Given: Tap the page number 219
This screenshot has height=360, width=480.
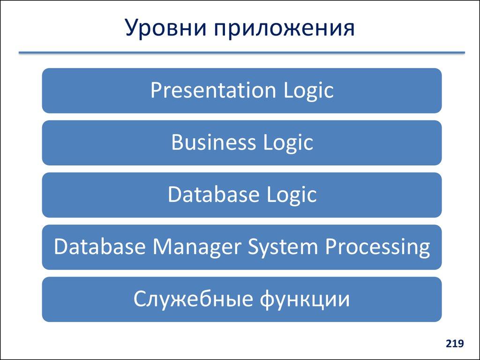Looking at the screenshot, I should pyautogui.click(x=455, y=344).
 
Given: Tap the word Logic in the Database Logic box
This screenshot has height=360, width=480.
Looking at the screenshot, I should pyautogui.click(x=291, y=195).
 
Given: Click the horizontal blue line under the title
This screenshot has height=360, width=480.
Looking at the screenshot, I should pyautogui.click(x=241, y=52).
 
